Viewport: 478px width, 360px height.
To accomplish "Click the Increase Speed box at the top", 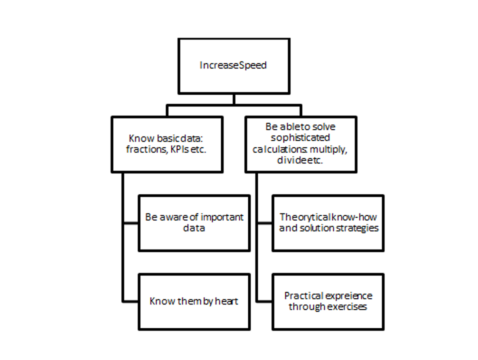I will (234, 66).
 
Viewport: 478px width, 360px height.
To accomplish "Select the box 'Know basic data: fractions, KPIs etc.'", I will (167, 144).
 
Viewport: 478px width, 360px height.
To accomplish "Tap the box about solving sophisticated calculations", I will (300, 144).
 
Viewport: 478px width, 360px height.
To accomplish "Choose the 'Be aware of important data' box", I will (194, 223).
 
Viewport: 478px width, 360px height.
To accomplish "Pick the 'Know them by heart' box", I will (194, 301).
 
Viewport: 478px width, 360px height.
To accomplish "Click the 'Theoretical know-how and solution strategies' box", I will (328, 223).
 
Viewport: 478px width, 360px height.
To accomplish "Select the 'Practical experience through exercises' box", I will (328, 301).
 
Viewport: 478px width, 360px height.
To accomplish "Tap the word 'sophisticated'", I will (300, 138).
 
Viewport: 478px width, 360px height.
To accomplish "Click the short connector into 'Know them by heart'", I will (131, 301).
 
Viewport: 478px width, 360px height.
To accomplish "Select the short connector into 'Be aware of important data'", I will (131, 223).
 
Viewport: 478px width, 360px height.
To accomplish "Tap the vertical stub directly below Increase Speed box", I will (234, 99).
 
